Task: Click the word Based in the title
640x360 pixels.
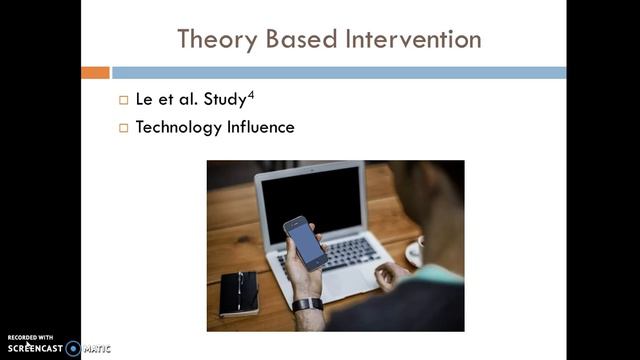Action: tap(294, 39)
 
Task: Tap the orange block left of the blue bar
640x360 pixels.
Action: tap(95, 72)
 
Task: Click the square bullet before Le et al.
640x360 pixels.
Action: tap(124, 100)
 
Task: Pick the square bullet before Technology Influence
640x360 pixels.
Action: tap(124, 128)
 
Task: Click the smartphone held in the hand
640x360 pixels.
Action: tap(305, 242)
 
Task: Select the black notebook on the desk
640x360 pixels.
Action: tap(240, 293)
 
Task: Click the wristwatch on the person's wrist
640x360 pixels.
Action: tap(308, 304)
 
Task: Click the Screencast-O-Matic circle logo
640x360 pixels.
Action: tap(73, 349)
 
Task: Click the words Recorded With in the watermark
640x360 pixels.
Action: tap(29, 338)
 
